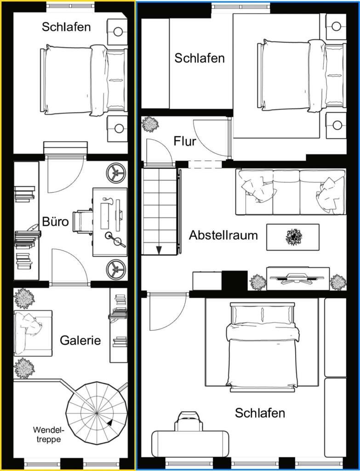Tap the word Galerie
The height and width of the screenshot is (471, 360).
click(80, 340)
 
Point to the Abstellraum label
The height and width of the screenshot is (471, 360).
click(223, 235)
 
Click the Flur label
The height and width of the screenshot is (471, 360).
click(185, 141)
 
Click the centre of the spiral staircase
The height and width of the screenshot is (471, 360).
click(97, 414)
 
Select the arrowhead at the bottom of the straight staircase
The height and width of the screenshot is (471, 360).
click(159, 250)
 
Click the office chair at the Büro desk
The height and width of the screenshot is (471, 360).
click(82, 221)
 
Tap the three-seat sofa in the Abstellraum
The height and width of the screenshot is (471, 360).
click(291, 192)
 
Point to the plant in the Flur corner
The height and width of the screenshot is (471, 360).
click(150, 124)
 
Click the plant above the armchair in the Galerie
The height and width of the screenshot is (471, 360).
click(24, 298)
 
